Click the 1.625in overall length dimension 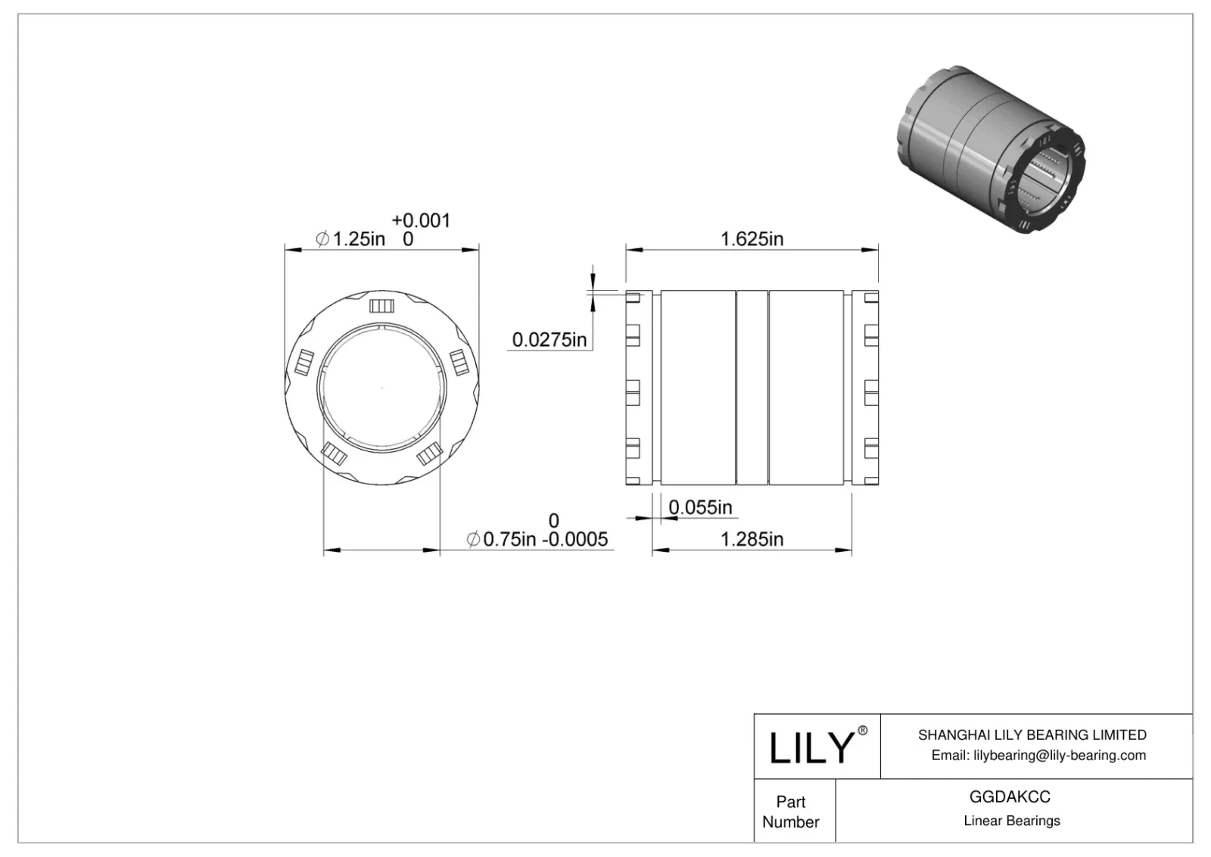[x=751, y=239]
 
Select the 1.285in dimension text [x=751, y=539]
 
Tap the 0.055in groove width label [x=700, y=507]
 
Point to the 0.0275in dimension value [x=549, y=339]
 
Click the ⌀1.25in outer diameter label [x=350, y=239]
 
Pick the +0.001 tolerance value [x=421, y=220]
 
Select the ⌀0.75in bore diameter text [x=502, y=539]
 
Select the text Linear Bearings [x=1011, y=821]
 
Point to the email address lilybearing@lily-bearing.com [x=1038, y=755]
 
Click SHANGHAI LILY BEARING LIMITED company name [x=1032, y=734]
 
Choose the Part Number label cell [x=791, y=812]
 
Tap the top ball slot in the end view [x=381, y=306]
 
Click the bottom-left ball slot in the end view [x=334, y=453]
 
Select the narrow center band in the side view [x=752, y=387]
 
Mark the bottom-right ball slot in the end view [x=428, y=453]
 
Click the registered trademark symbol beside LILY [x=862, y=731]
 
